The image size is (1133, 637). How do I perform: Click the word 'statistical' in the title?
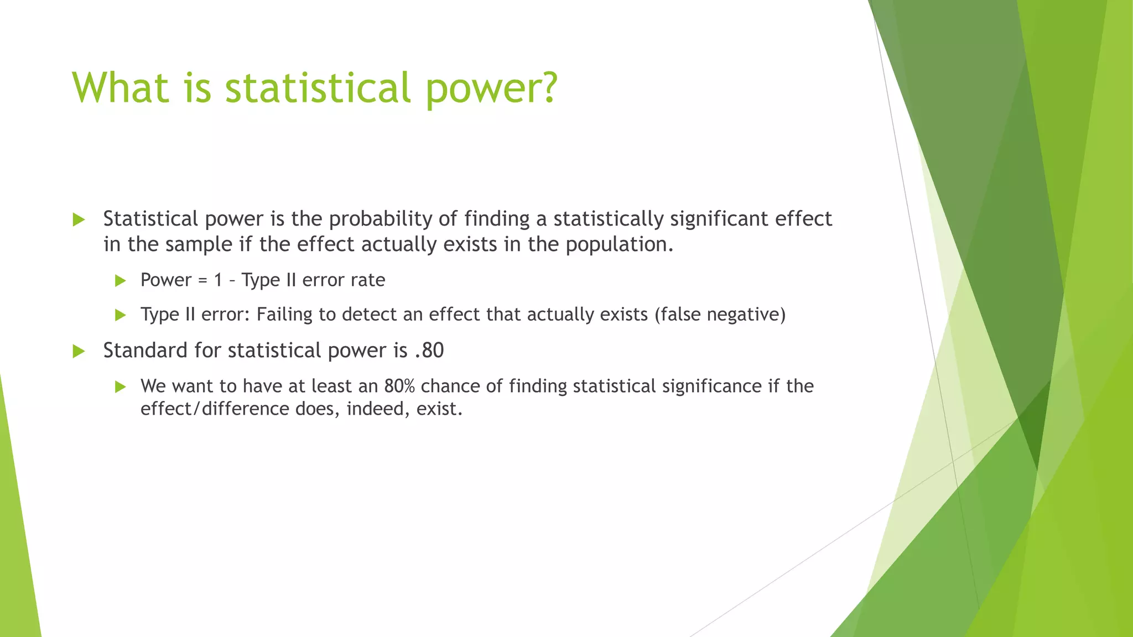point(318,87)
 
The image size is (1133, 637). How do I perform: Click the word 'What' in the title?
point(120,87)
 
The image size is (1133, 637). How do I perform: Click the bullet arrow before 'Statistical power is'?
point(79,220)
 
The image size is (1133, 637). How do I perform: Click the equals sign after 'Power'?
point(202,280)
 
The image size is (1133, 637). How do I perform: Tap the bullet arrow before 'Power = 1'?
point(121,281)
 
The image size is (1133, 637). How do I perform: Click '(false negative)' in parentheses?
point(720,314)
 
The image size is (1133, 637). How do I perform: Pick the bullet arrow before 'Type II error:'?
point(121,315)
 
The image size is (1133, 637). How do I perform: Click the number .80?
point(429,351)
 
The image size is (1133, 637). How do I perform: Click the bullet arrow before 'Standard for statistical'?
point(79,351)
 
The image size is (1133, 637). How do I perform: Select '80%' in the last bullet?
point(399,386)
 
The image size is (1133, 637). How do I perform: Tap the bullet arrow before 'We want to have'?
point(121,387)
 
